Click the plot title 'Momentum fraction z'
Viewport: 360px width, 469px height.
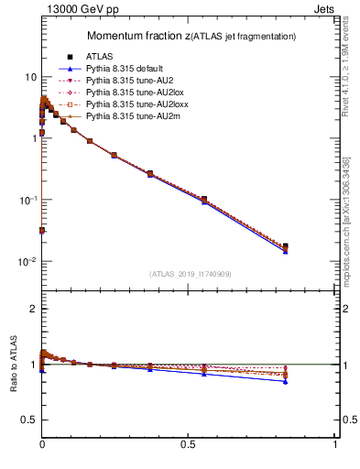[x=138, y=36]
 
